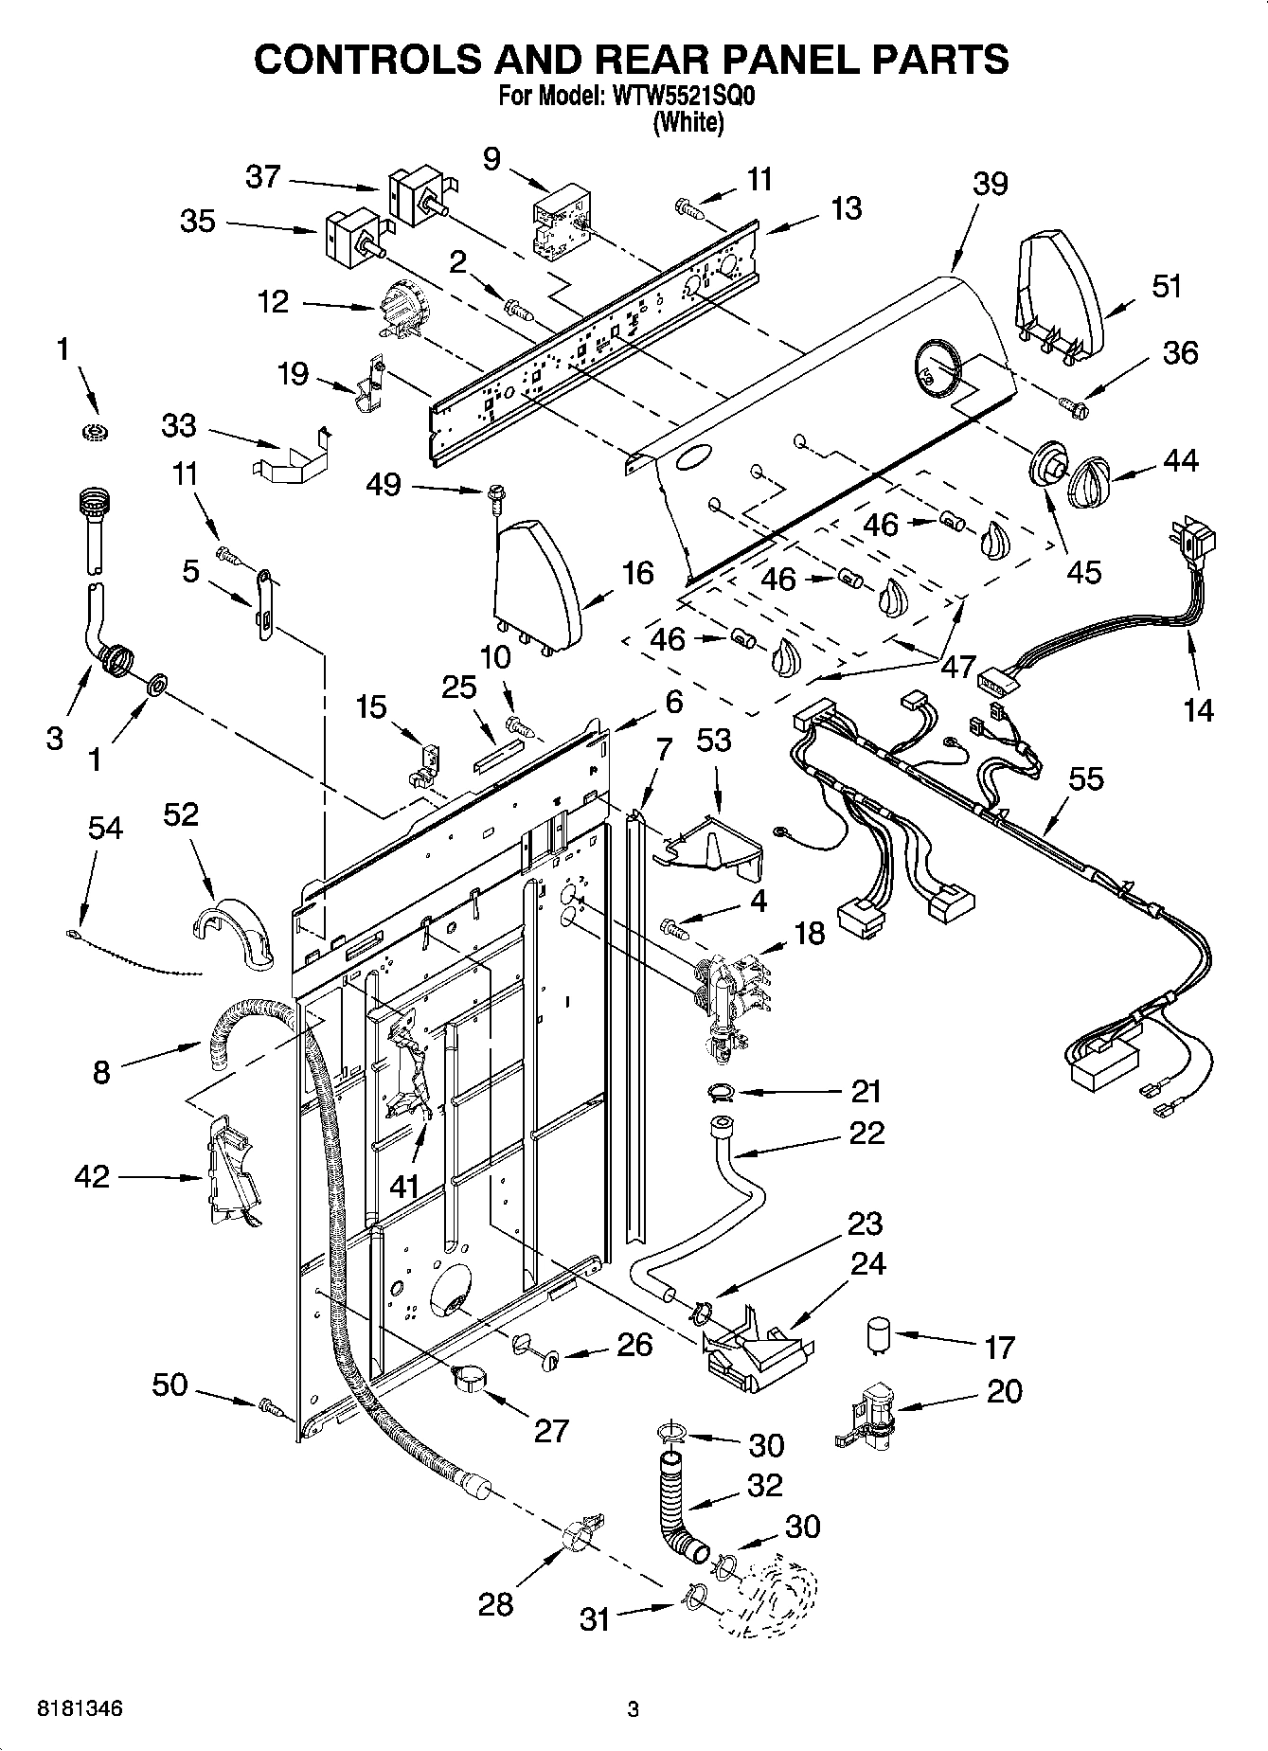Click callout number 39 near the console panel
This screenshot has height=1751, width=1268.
point(990,184)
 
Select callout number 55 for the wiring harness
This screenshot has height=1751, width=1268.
point(1085,778)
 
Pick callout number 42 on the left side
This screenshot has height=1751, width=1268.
point(92,1176)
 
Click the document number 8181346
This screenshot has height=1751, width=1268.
point(80,1709)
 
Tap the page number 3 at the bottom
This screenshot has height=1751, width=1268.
point(633,1709)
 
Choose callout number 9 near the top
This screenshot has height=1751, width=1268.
point(491,158)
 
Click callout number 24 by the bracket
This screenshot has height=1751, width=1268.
point(868,1263)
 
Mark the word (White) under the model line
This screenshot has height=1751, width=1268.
point(688,123)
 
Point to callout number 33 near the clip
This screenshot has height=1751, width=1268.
point(178,426)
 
